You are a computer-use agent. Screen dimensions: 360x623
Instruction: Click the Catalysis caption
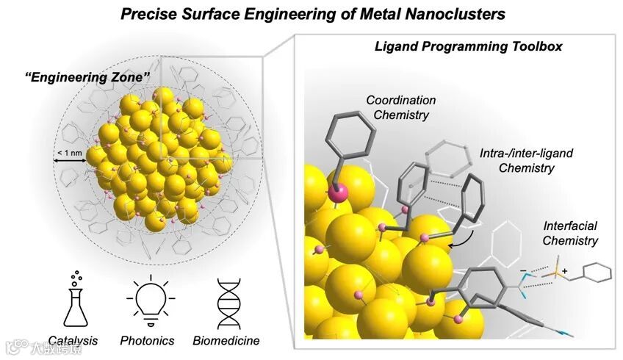pos(73,341)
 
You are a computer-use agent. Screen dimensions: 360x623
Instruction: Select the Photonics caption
pos(148,341)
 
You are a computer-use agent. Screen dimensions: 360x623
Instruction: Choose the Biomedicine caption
pos(226,341)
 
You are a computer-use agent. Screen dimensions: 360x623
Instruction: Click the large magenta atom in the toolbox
pos(337,194)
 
